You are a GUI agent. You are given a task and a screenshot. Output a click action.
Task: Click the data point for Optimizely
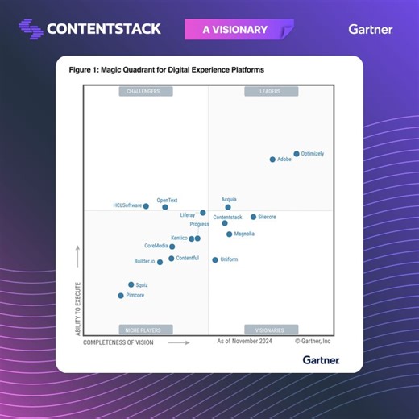(297, 153)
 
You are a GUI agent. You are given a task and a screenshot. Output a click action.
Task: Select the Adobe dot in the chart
(272, 160)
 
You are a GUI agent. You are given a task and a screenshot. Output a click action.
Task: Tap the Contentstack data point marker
(225, 223)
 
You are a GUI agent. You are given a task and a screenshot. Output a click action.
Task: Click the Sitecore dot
(253, 217)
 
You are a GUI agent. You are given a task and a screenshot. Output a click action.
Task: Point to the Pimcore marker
(121, 296)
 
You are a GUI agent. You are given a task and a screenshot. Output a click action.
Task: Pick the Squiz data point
(131, 284)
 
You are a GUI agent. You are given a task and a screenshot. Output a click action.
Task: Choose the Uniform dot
(215, 259)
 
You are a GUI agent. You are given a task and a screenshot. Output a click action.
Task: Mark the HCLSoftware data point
(146, 206)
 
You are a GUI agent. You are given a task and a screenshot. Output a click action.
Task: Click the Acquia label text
(229, 199)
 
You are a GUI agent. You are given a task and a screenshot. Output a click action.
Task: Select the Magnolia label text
(244, 234)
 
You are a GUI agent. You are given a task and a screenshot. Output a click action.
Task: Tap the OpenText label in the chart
(167, 200)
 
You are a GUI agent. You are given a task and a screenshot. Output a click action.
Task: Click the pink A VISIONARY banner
(234, 30)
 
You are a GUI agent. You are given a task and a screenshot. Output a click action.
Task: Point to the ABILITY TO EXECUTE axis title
(78, 305)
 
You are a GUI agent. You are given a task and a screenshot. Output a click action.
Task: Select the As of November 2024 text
(244, 342)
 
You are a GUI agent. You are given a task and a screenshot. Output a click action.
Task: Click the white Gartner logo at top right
(371, 30)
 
